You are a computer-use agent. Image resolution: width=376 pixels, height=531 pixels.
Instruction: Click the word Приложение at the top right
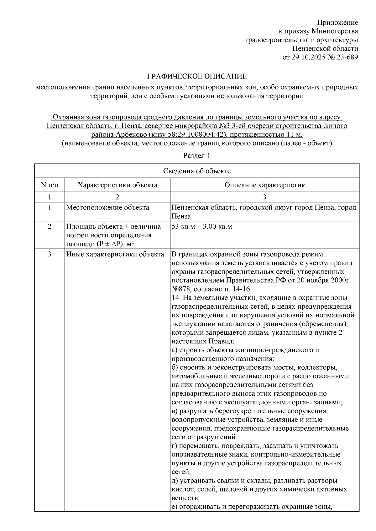[x=337, y=23]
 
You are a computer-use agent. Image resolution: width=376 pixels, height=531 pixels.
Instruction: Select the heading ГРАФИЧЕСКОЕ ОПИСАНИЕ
[x=197, y=77]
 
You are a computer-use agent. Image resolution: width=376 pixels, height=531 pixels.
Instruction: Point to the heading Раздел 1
[x=196, y=156]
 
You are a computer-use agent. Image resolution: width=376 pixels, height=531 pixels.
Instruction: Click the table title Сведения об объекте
[x=197, y=171]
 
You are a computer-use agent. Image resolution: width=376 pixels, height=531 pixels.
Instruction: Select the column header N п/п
[x=50, y=185]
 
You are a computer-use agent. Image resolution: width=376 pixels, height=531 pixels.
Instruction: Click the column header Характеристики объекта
[x=118, y=185]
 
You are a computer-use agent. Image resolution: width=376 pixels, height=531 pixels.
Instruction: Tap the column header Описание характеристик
[x=264, y=185]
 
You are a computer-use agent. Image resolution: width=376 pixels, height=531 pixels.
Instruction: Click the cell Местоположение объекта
[x=107, y=208]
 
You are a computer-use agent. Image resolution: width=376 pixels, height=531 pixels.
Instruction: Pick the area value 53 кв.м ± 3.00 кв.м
[x=202, y=226]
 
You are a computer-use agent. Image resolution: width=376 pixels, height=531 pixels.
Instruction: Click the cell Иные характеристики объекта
[x=115, y=254]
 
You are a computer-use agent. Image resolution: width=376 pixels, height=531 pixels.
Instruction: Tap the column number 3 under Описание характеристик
[x=264, y=197]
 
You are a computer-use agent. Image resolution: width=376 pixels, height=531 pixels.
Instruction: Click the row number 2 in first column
[x=50, y=226]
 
